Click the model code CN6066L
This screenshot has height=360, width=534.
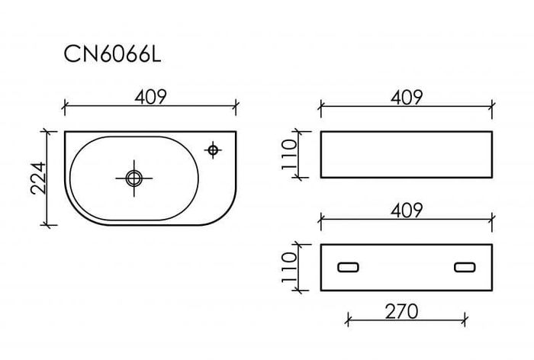(x=112, y=54)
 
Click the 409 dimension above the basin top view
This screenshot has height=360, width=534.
(x=150, y=97)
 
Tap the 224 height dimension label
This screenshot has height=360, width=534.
(x=38, y=178)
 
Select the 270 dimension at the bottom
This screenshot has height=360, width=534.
(x=401, y=311)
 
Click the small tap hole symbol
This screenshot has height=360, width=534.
(x=213, y=149)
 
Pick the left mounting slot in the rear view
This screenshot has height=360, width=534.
(x=348, y=268)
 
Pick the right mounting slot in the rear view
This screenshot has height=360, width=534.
(x=465, y=268)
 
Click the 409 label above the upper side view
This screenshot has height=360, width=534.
(x=407, y=97)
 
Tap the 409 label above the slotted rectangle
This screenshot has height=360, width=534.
(x=407, y=211)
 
